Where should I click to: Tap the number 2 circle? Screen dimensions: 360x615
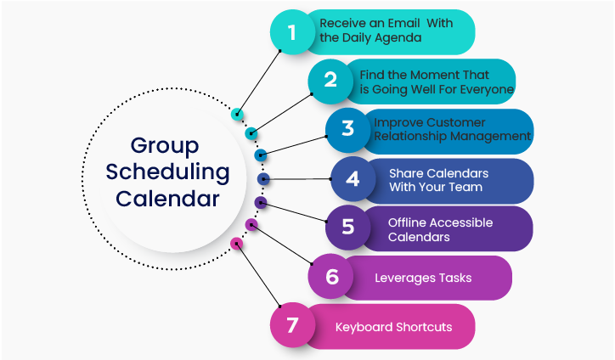[x=330, y=81]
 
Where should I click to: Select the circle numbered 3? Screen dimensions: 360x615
[x=347, y=129]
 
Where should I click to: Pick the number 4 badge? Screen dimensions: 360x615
[x=352, y=179]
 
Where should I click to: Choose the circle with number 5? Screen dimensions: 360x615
[x=347, y=228]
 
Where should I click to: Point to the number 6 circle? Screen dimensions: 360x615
[x=331, y=277]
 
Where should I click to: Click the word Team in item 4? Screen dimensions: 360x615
[x=466, y=187]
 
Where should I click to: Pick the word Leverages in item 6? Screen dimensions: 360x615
[x=405, y=278]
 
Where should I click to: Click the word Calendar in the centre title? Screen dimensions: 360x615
[x=168, y=200]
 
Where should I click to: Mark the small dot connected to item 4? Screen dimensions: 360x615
[x=263, y=179]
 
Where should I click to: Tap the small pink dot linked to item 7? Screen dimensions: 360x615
[x=237, y=243]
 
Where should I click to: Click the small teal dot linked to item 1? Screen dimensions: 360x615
[x=237, y=115]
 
